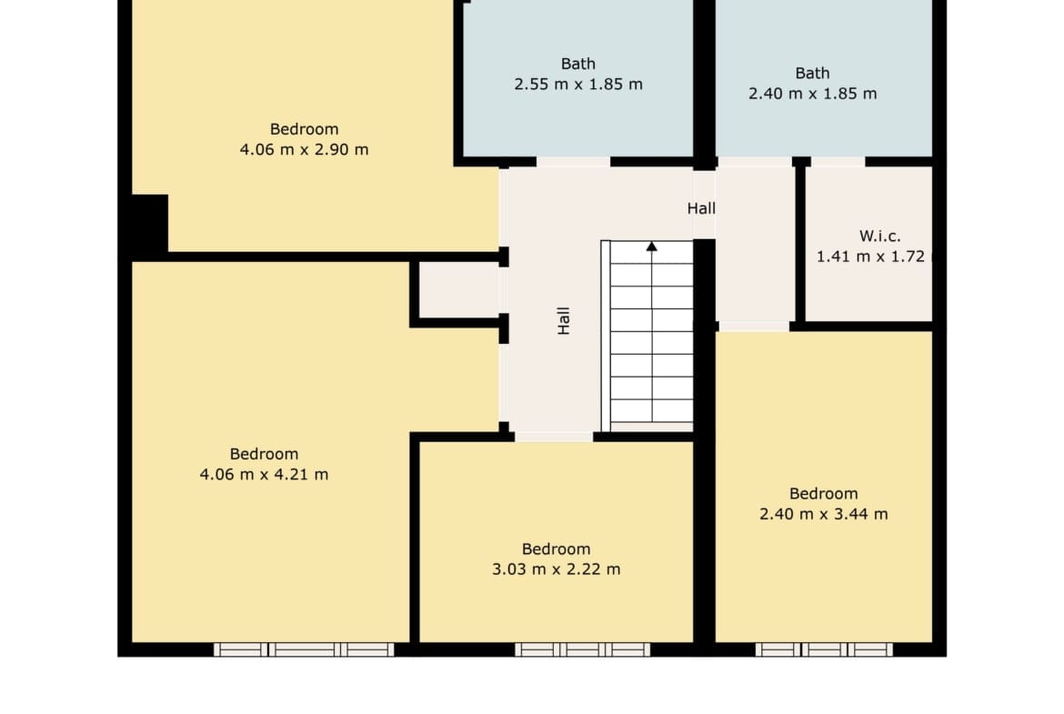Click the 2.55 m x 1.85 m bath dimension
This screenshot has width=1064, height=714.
click(x=578, y=85)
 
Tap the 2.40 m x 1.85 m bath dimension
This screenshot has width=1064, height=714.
click(x=812, y=94)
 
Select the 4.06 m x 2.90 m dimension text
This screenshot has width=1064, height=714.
click(x=304, y=149)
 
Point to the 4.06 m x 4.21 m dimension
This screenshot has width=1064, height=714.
click(x=264, y=475)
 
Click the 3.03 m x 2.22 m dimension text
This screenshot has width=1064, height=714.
click(x=556, y=569)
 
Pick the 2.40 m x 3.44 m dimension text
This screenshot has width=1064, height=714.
click(x=823, y=515)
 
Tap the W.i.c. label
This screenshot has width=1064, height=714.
click(x=880, y=236)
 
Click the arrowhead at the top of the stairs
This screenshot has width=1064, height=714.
click(x=651, y=246)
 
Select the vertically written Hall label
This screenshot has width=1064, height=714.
click(x=563, y=320)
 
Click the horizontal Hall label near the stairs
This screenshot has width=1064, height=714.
click(x=701, y=208)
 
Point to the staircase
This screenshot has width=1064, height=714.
click(x=647, y=336)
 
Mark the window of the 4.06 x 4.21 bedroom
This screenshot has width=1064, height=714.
click(x=304, y=649)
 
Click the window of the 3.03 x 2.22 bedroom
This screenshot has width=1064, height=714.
click(x=582, y=649)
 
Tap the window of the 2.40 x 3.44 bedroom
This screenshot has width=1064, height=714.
click(x=825, y=649)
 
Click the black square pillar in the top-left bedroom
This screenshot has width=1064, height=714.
click(x=149, y=223)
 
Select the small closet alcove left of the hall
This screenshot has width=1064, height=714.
click(x=459, y=290)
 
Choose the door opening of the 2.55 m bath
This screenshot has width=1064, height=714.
click(x=574, y=162)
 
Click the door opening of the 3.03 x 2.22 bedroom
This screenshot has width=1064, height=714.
click(x=554, y=437)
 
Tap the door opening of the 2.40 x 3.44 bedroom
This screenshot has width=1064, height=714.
click(x=754, y=327)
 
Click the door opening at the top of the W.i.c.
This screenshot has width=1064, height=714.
click(x=838, y=162)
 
